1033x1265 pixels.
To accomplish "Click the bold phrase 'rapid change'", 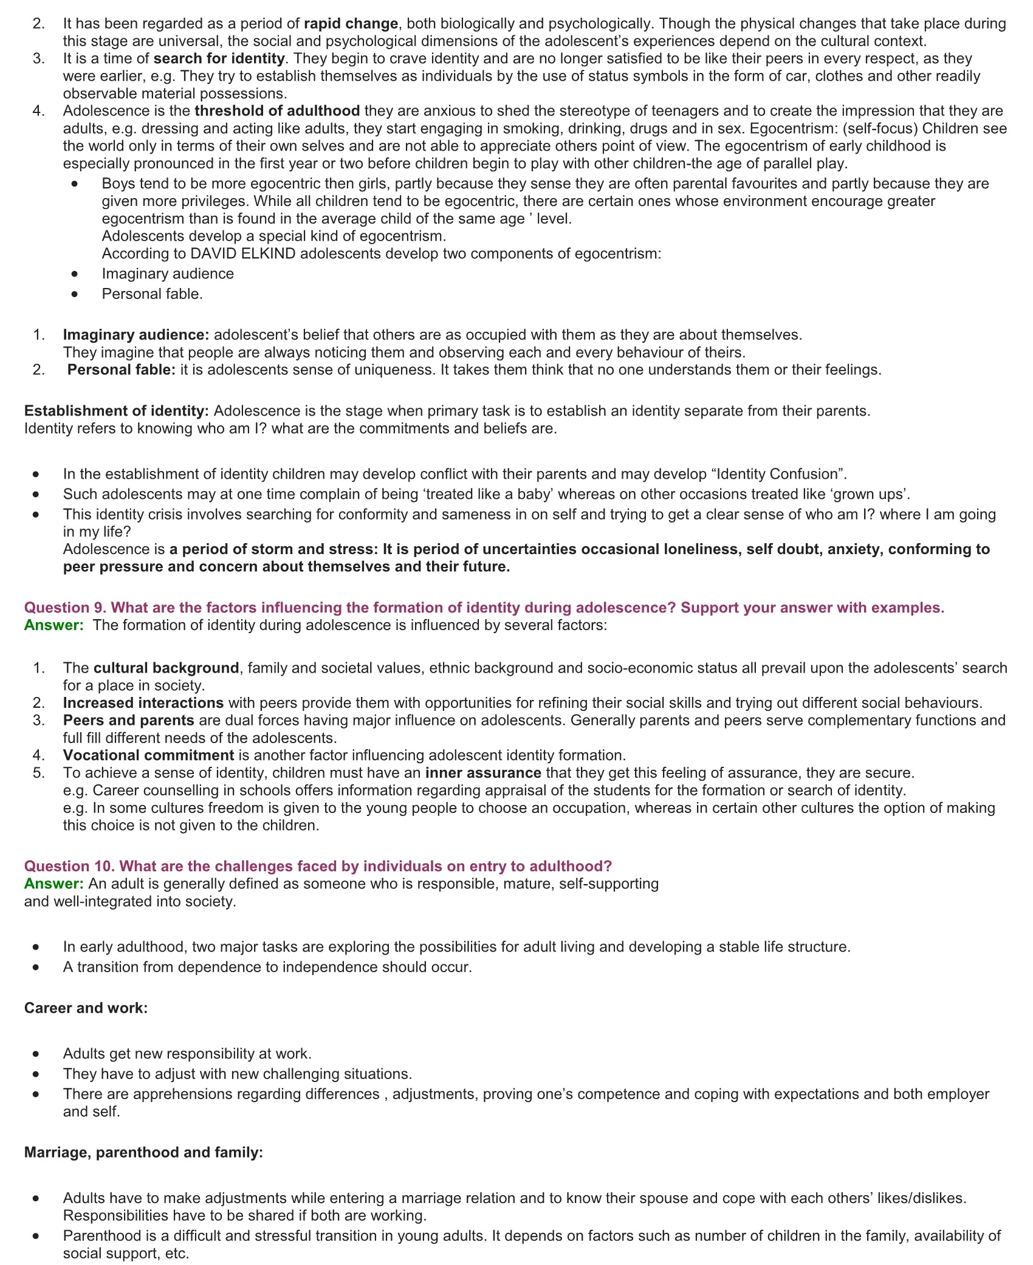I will (x=351, y=24).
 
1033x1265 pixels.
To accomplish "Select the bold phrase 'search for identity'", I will (x=219, y=58).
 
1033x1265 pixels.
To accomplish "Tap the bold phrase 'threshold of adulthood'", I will (x=277, y=111).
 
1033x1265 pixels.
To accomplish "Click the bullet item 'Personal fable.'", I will (x=152, y=293).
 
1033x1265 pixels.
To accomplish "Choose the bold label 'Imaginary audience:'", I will (x=136, y=334).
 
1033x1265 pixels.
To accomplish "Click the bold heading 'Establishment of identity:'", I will (x=117, y=411).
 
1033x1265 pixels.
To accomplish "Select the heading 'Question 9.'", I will (x=66, y=608).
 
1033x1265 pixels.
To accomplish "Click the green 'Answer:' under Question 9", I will (x=53, y=625).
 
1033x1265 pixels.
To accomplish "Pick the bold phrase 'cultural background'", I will (x=166, y=668).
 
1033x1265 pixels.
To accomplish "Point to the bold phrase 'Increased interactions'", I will (x=143, y=703).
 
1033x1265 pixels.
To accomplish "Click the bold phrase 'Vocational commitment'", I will (x=148, y=755).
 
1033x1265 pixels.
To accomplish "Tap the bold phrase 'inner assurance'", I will (x=483, y=773).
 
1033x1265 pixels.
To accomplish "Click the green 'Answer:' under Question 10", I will (x=53, y=883).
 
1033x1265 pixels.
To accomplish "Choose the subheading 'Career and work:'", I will (x=86, y=1008).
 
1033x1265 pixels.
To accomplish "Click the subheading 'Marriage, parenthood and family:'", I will (x=143, y=1152).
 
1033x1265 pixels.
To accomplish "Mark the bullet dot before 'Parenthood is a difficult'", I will (x=36, y=1236).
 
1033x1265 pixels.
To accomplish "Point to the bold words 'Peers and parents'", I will (x=128, y=720).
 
